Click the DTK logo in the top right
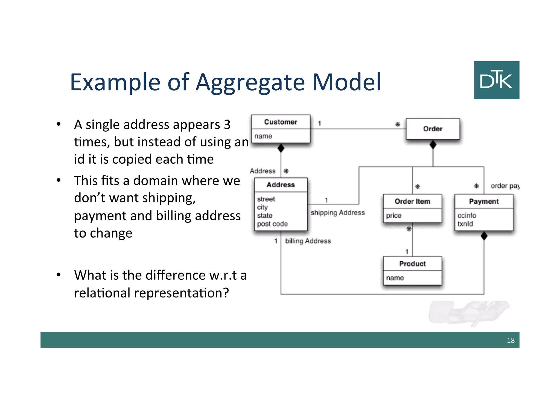(x=497, y=80)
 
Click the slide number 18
(x=511, y=340)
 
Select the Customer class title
(x=281, y=122)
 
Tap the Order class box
(x=433, y=129)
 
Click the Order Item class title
(x=412, y=201)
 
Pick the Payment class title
(x=484, y=201)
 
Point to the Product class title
(x=412, y=264)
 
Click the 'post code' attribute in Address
(x=272, y=224)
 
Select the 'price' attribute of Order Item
(x=393, y=216)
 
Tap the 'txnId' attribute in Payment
(x=465, y=224)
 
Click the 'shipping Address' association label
(x=338, y=213)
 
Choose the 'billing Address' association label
(x=308, y=241)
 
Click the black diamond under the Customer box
(x=281, y=148)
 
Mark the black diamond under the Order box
(x=433, y=144)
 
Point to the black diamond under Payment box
(x=484, y=236)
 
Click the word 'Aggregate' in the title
(x=250, y=82)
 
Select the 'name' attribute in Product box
(x=395, y=278)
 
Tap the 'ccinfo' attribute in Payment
(x=467, y=216)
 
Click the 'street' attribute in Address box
(x=266, y=199)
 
